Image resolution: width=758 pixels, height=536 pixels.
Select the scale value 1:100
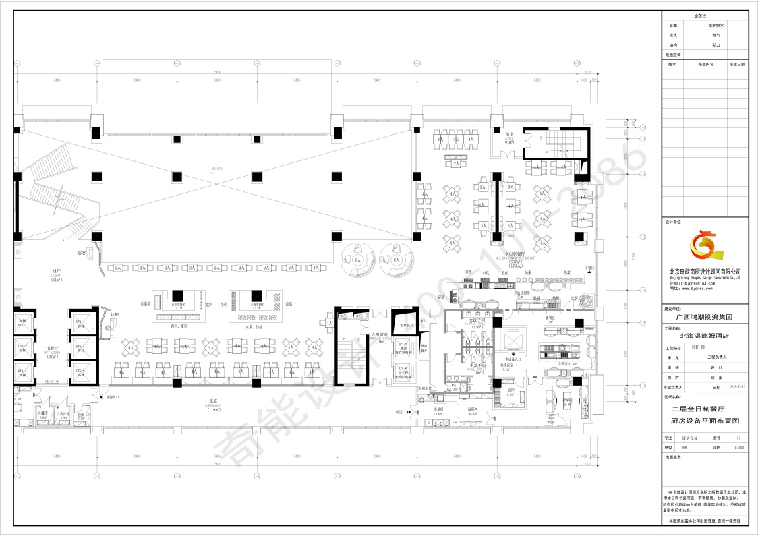(738, 446)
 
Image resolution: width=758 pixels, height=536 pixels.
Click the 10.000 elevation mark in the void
(217, 169)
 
